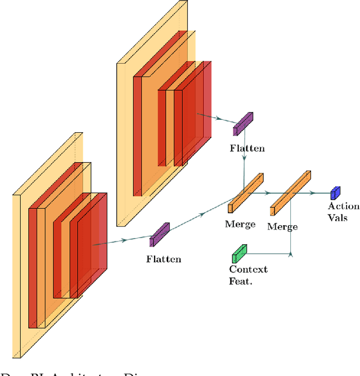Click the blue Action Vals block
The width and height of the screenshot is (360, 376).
point(336,193)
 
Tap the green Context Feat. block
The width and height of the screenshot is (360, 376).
point(240,254)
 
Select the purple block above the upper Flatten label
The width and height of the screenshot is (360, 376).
point(244,124)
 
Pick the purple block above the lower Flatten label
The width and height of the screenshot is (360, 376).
point(159,234)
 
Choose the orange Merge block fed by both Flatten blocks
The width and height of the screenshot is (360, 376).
point(246,193)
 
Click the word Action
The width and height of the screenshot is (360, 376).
point(344,207)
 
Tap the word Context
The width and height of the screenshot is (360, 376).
point(248,269)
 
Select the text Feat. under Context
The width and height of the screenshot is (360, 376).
point(241,280)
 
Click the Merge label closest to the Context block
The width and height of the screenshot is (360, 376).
point(282,226)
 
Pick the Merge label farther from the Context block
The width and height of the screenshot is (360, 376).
point(240,223)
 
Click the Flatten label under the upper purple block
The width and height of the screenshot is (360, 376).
point(247,149)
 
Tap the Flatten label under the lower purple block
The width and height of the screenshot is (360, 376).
point(164,259)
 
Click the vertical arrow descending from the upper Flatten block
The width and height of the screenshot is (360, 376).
point(244,160)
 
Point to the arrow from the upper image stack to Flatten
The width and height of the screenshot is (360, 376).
point(217,119)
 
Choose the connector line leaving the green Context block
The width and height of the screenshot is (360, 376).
point(270,254)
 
